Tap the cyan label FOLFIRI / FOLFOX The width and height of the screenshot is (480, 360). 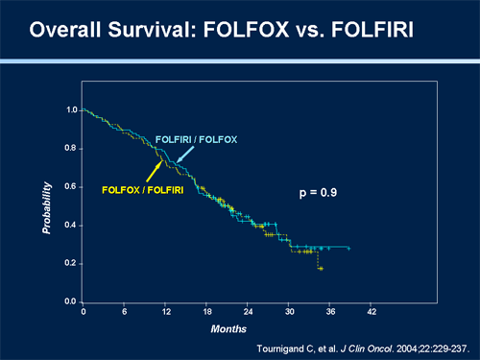(x=197, y=140)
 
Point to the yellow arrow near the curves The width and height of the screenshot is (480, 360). (x=153, y=170)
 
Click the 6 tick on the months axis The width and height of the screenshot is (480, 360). (x=125, y=312)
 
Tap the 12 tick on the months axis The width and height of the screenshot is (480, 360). (x=166, y=312)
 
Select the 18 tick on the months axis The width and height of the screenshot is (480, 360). (x=207, y=312)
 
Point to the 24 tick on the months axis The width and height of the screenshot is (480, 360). (x=248, y=312)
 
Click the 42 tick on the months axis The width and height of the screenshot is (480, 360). (x=372, y=312)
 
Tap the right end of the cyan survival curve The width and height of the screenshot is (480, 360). (x=349, y=248)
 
